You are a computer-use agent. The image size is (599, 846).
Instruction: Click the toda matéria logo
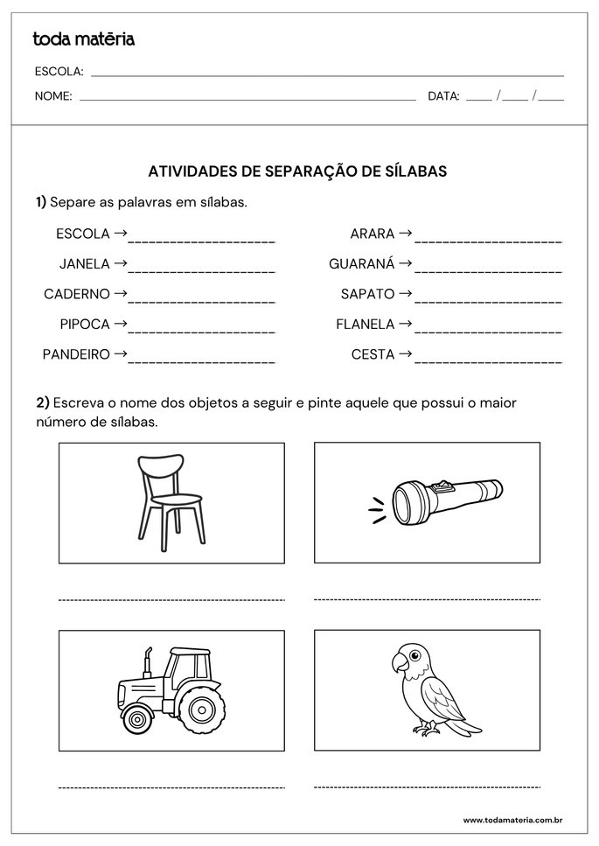[x=83, y=38]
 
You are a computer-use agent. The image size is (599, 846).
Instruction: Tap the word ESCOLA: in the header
[x=59, y=72]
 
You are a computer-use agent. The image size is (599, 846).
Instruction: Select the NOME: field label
[x=53, y=96]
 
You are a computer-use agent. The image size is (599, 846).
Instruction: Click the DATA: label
[x=443, y=96]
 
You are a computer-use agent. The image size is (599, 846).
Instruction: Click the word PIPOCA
[x=85, y=324]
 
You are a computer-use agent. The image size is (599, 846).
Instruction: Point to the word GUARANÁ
[x=362, y=263]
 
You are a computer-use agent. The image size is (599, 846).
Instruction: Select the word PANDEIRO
[x=76, y=354]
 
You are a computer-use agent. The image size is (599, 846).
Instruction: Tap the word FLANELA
[x=366, y=324]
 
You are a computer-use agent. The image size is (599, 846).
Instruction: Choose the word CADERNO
[x=77, y=294]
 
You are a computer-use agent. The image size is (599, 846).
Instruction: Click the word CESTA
[x=373, y=354]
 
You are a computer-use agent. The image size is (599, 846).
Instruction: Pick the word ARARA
[x=373, y=234]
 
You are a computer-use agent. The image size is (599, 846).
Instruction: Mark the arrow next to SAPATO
[x=405, y=294]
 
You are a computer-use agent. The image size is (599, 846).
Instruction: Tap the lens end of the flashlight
[x=406, y=503]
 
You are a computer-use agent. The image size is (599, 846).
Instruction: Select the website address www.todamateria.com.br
[x=512, y=820]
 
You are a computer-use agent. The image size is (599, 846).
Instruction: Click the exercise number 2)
[x=42, y=402]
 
